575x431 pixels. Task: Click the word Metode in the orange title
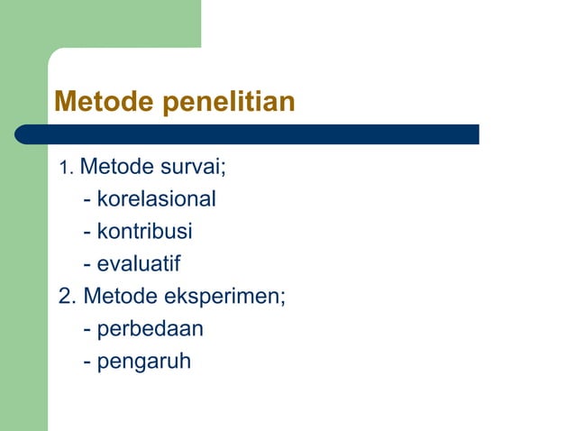pyautogui.click(x=106, y=103)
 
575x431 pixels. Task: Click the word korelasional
pyautogui.click(x=157, y=199)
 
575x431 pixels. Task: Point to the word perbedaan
pyautogui.click(x=150, y=329)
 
